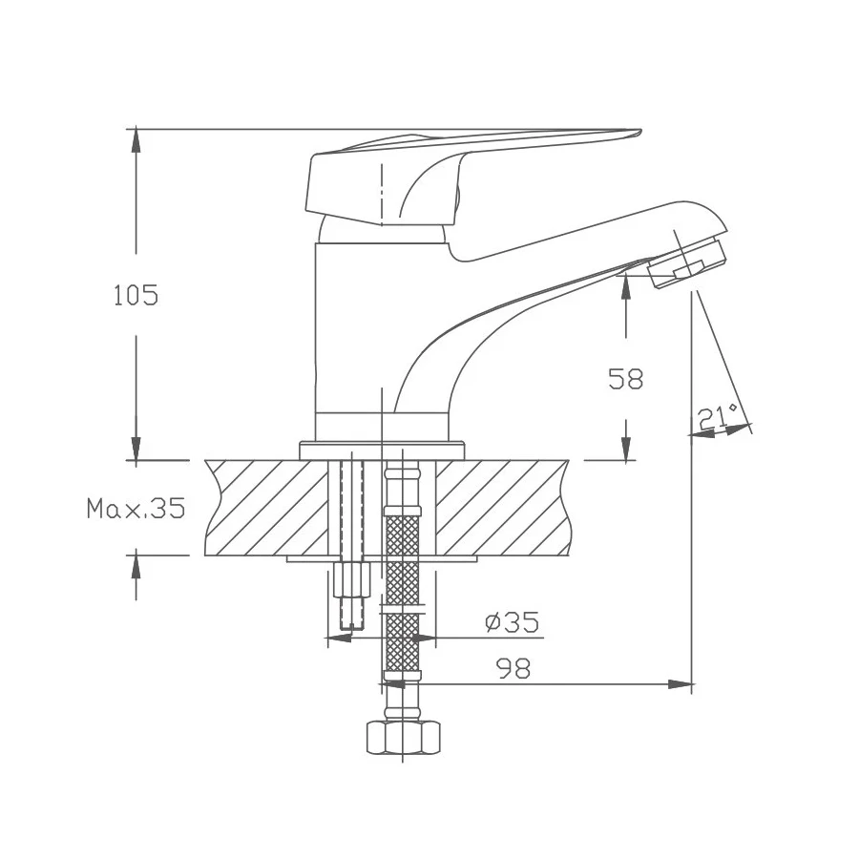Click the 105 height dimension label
point(136,296)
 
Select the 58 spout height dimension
point(626,379)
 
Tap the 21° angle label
point(718,416)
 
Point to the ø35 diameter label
point(513,623)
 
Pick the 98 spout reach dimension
point(513,669)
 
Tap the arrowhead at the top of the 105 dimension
point(136,139)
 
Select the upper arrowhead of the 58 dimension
point(626,283)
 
